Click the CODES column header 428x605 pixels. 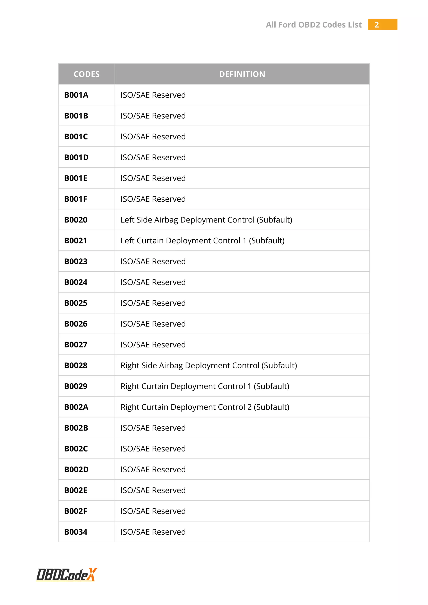(x=87, y=74)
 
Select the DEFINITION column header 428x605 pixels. (x=242, y=74)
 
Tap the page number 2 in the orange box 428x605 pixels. (x=377, y=25)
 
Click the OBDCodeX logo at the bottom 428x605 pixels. (x=67, y=575)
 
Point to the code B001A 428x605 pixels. (x=76, y=95)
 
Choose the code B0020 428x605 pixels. (x=76, y=220)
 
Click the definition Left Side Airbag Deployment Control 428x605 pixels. (x=206, y=220)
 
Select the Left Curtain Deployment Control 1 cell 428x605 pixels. (x=203, y=241)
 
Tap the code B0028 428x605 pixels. (x=76, y=365)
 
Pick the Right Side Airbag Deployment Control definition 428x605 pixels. (x=209, y=365)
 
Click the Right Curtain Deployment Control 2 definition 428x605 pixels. (x=205, y=407)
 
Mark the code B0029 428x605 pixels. (x=76, y=386)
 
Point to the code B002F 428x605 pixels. (x=76, y=511)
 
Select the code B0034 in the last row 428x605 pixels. (x=76, y=532)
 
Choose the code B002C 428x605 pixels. (x=76, y=449)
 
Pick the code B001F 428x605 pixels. (x=76, y=199)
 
